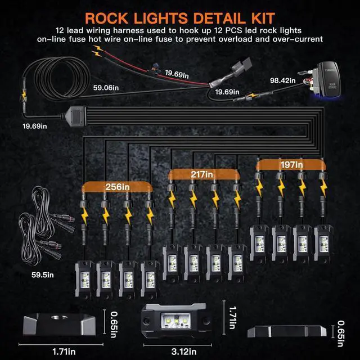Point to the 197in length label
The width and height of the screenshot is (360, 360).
[x=291, y=165]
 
